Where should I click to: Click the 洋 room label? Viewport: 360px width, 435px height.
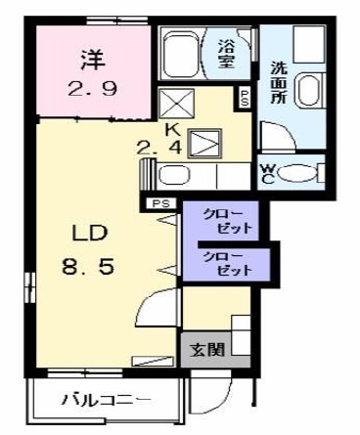(x=93, y=60)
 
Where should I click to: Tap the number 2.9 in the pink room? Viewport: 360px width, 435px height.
(x=92, y=88)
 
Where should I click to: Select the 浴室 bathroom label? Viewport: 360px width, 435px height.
(x=227, y=54)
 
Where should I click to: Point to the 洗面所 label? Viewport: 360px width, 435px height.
(x=279, y=82)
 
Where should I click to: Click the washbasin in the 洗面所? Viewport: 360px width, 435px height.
(x=309, y=90)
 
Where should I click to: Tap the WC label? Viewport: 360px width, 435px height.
(x=267, y=173)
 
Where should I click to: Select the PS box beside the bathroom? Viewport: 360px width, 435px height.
(x=245, y=98)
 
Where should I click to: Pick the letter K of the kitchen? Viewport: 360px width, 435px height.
(x=172, y=130)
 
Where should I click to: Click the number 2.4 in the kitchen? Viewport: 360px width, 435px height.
(x=158, y=149)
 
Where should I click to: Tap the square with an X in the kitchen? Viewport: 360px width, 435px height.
(x=176, y=102)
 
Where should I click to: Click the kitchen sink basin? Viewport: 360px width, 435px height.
(x=174, y=175)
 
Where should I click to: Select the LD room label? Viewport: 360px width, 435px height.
(x=90, y=233)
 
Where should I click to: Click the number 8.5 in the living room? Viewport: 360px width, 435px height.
(x=88, y=266)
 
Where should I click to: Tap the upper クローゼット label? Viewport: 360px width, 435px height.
(x=227, y=221)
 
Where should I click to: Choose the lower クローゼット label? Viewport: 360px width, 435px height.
(x=227, y=262)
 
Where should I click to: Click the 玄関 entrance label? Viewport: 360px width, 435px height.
(x=207, y=350)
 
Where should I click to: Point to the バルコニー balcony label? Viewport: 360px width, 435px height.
(x=107, y=400)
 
